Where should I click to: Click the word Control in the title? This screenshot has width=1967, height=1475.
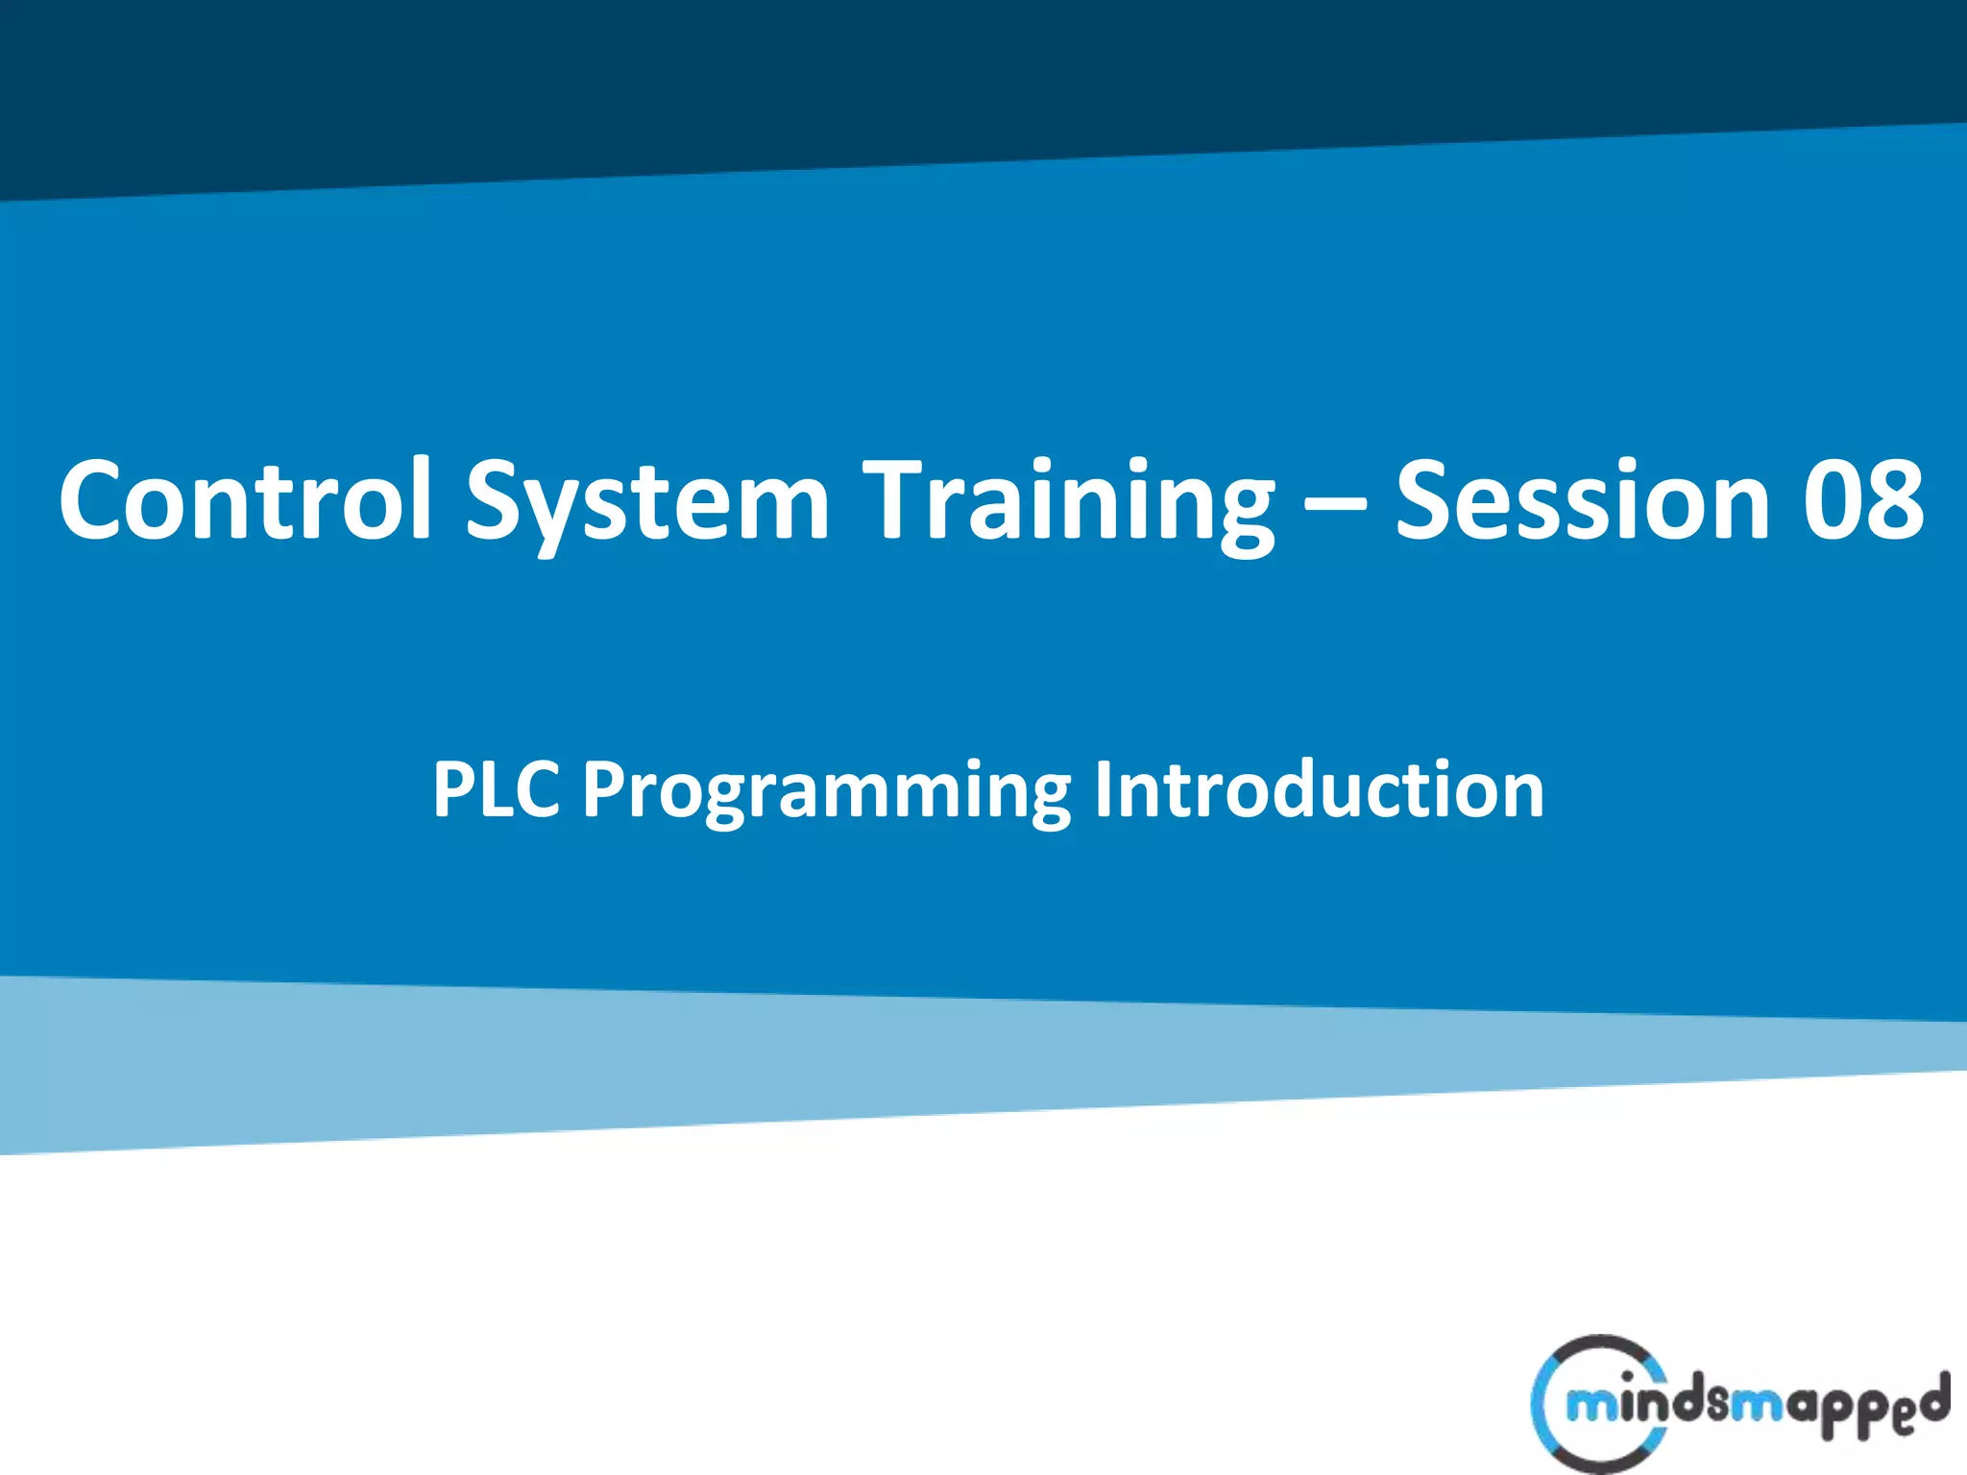(245, 499)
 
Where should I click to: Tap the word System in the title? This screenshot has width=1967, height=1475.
(646, 499)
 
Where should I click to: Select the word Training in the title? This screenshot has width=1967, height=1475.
(1069, 499)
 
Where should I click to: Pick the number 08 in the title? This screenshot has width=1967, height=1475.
(1862, 499)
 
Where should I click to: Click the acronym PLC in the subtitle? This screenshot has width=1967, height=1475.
(496, 789)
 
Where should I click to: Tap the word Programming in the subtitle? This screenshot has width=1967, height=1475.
(827, 789)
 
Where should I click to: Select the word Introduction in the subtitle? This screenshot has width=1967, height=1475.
(1319, 789)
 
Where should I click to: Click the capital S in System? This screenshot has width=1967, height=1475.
(499, 499)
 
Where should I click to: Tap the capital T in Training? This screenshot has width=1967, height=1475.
(897, 499)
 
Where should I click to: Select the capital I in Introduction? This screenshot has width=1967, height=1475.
(1105, 789)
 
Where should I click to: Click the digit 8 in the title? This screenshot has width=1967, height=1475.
(1895, 499)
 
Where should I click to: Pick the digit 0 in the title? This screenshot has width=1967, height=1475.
(1831, 499)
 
